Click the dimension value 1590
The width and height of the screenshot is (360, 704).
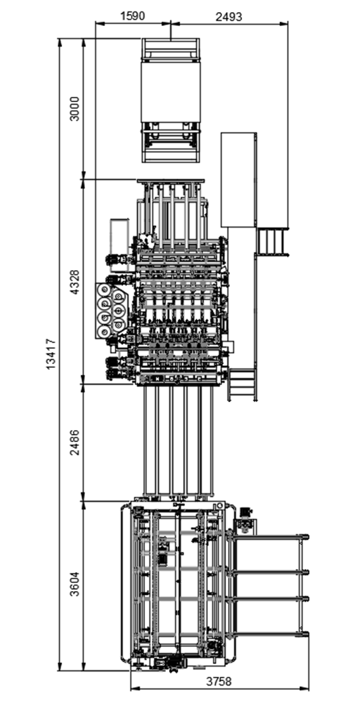(x=132, y=16)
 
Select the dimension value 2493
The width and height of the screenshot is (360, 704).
(x=229, y=16)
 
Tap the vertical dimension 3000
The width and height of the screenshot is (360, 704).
(x=75, y=108)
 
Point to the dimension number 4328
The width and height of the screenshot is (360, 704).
(x=75, y=282)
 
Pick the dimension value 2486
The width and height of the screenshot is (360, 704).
(x=75, y=443)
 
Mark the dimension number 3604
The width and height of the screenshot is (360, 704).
(x=75, y=583)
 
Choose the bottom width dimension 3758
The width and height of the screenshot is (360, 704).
(x=219, y=682)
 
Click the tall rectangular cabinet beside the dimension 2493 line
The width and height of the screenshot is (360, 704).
(x=239, y=179)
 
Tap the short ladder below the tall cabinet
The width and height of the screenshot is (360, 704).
(x=271, y=242)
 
